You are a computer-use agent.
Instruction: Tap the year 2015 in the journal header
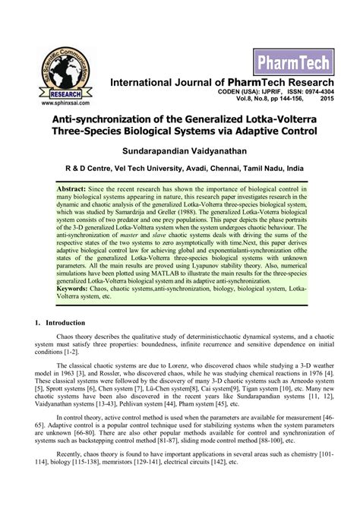327,100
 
